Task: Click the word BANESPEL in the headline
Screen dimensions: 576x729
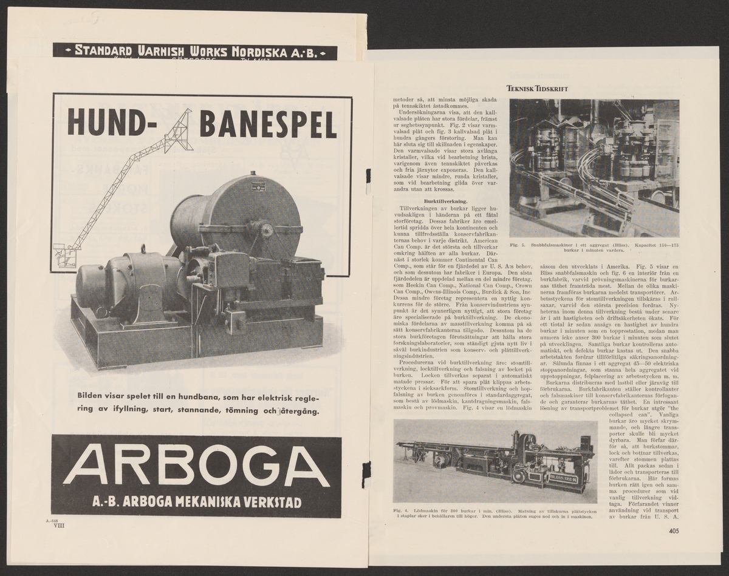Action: tap(267, 124)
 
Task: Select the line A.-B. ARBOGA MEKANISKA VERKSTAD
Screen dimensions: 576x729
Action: tap(196, 503)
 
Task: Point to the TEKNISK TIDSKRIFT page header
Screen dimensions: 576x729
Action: tap(536, 89)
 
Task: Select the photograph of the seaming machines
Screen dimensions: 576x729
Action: tap(594, 168)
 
